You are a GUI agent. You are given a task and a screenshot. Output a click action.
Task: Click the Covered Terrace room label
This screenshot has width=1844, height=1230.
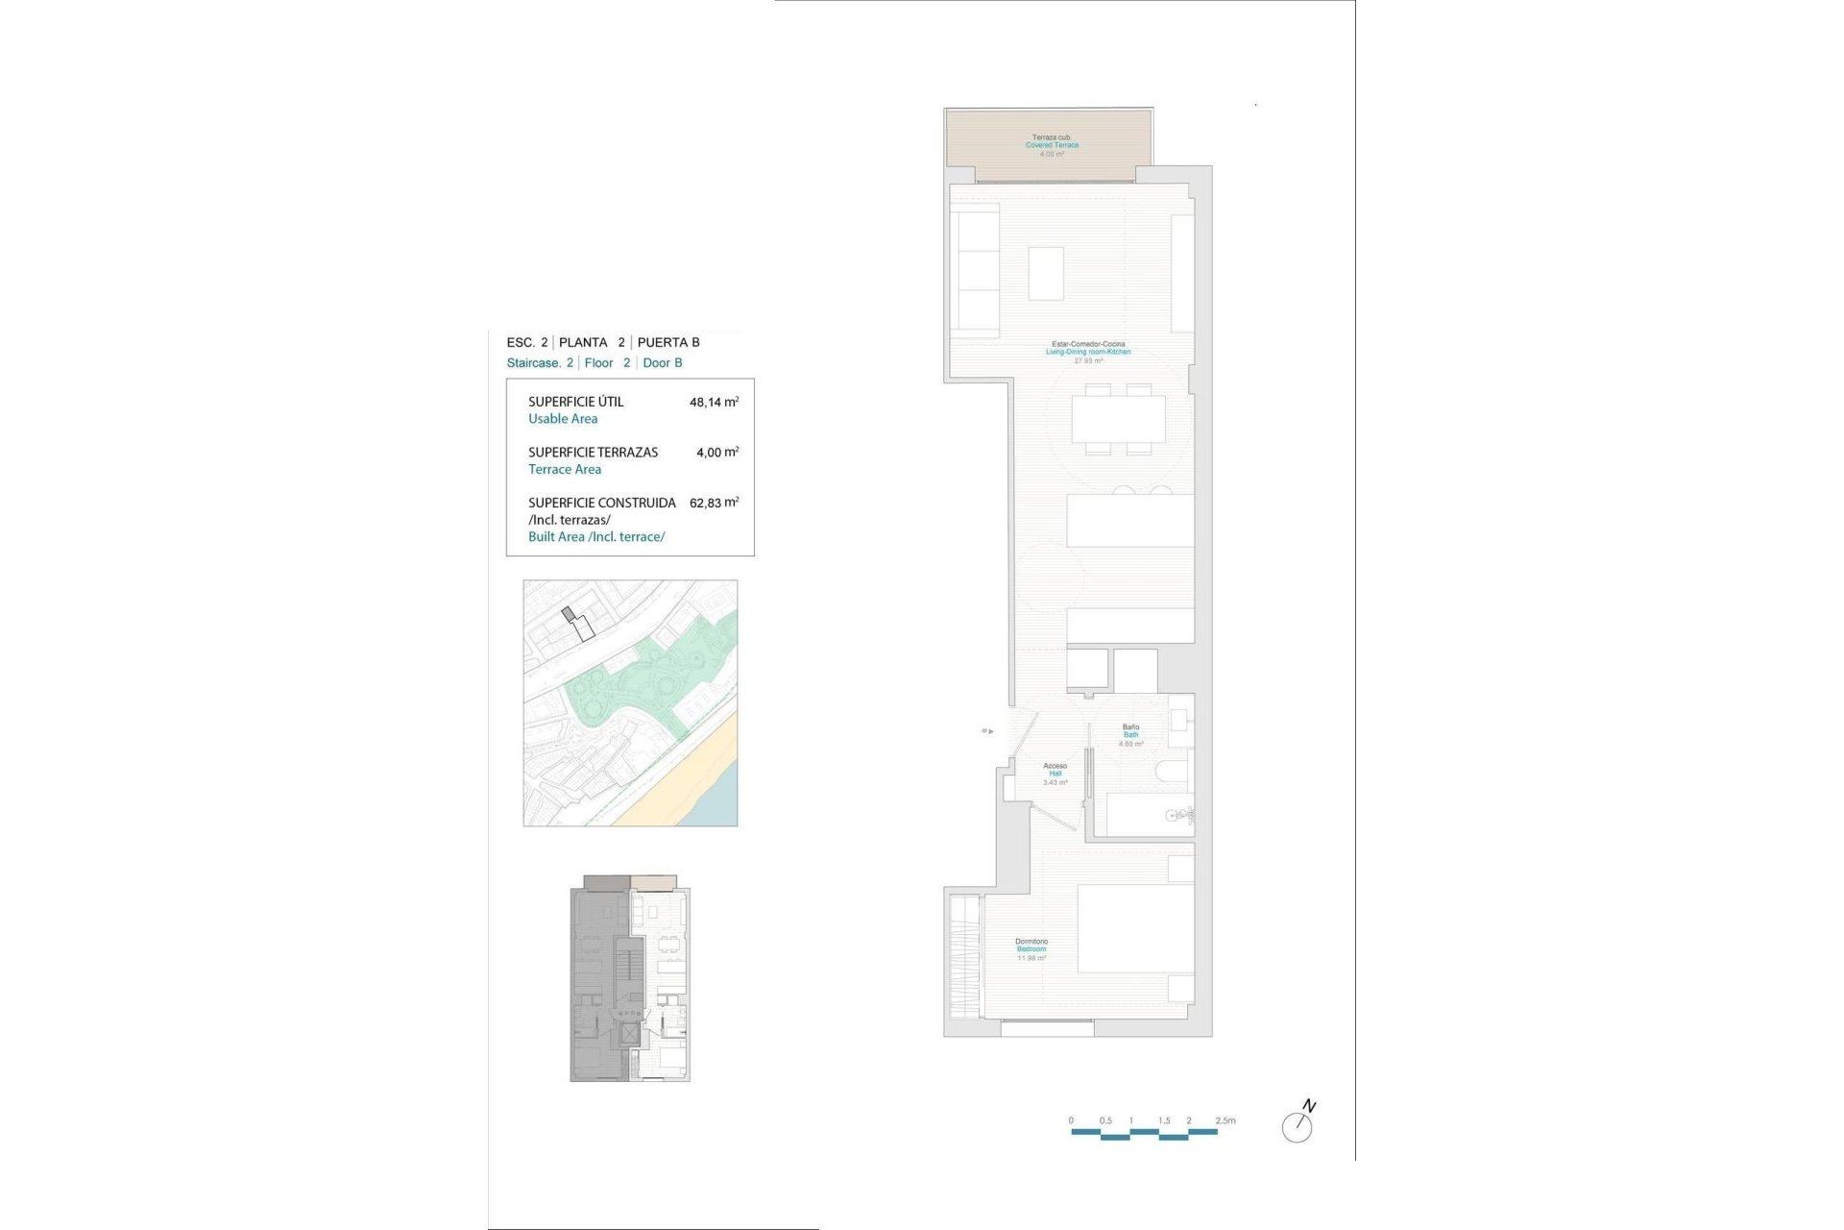coord(1052,145)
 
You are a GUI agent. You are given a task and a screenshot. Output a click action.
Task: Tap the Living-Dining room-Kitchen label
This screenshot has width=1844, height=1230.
coord(1088,352)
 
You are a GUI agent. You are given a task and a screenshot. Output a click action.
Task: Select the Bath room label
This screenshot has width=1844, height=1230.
coord(1130,735)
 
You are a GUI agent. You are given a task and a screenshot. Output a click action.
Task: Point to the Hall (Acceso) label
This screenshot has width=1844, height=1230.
coord(1055,774)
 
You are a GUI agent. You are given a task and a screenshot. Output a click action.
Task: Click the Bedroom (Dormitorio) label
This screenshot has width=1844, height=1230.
coord(1031,949)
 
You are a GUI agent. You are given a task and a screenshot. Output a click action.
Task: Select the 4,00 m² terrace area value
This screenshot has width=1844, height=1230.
coord(716,452)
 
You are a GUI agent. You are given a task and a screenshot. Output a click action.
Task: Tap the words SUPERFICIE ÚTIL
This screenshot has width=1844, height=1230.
coord(575,402)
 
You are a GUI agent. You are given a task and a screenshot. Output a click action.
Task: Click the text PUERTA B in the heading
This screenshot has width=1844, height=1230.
coord(668,342)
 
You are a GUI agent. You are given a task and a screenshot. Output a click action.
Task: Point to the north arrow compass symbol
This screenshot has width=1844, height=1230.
coord(1298,1124)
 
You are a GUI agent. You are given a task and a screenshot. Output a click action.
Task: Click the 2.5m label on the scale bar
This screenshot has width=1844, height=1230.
coord(1225,1120)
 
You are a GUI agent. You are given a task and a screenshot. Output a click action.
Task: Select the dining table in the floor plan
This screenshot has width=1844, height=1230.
coord(1118,419)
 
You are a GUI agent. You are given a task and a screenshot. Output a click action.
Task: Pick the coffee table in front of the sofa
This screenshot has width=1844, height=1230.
coord(1046,273)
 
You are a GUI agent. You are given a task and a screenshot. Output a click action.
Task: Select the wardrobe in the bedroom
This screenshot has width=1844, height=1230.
coord(964,956)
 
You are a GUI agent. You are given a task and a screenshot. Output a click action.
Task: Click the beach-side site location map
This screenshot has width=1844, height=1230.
coord(630,702)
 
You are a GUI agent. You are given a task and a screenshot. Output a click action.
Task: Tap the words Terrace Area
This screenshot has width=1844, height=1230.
coord(565,469)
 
